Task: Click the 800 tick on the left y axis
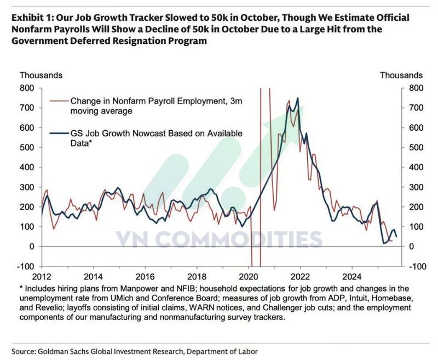coord(27,88)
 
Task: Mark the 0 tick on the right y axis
coord(409,247)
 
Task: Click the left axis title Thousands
coord(41,76)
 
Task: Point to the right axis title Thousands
coord(401,76)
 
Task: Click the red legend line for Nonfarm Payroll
coord(58,101)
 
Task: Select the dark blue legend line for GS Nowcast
coord(58,133)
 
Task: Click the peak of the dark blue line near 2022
coord(297,98)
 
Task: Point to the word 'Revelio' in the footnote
coord(55,308)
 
